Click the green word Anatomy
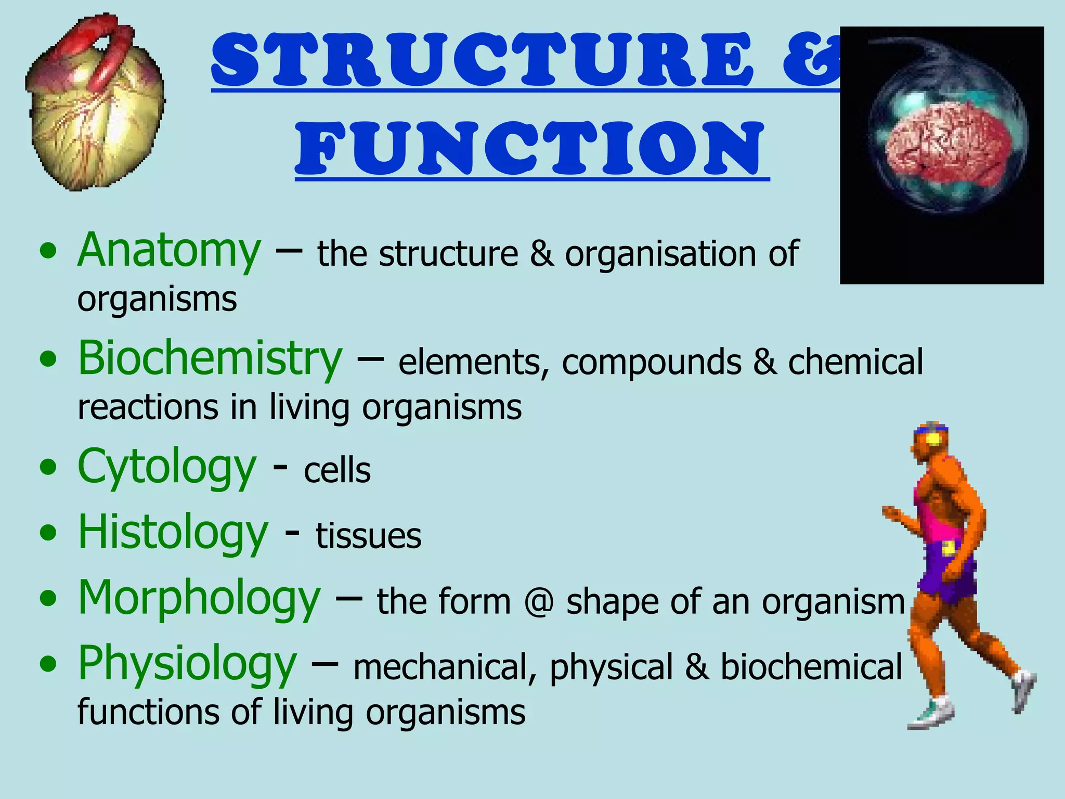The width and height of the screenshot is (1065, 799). pyautogui.click(x=168, y=252)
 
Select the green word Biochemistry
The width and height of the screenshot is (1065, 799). pyautogui.click(x=210, y=359)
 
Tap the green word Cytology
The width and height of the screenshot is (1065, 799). pyautogui.click(x=166, y=468)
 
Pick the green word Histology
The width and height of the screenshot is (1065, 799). pyautogui.click(x=173, y=533)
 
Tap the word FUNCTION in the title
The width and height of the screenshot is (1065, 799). pyautogui.click(x=530, y=148)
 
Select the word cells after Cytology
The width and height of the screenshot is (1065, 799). pyautogui.click(x=337, y=471)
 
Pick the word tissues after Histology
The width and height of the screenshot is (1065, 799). pyautogui.click(x=369, y=536)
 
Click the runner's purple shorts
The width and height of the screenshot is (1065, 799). pyautogui.click(x=946, y=572)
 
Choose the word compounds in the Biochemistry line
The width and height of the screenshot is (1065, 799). pyautogui.click(x=651, y=363)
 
